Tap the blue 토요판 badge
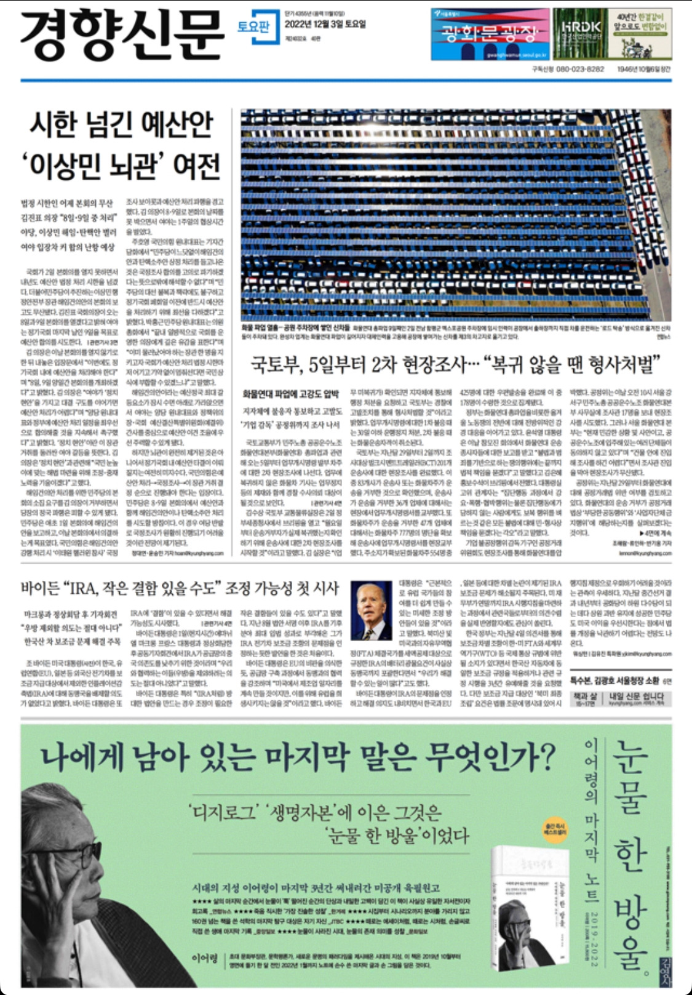point(253,27)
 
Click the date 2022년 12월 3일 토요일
point(325,25)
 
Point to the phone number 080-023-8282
point(579,69)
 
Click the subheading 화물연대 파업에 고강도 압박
point(290,394)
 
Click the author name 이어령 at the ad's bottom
point(205,959)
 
